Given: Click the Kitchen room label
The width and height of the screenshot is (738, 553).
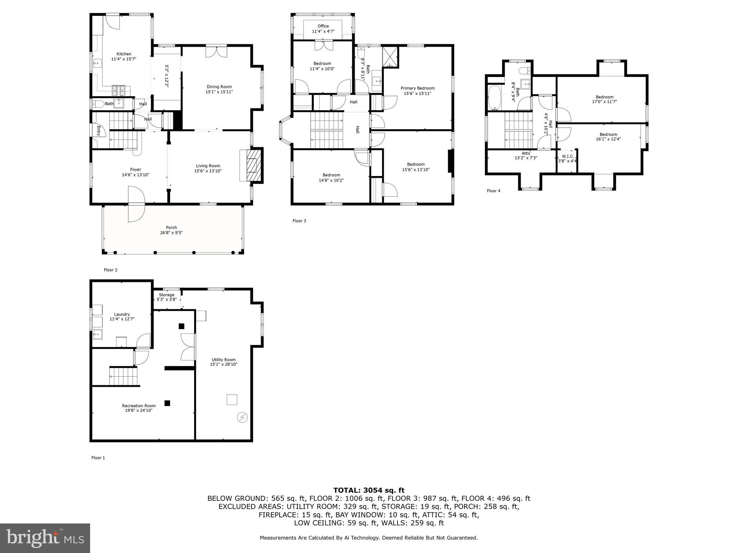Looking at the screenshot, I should tap(124, 54).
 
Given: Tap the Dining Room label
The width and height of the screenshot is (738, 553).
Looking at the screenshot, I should tap(219, 87).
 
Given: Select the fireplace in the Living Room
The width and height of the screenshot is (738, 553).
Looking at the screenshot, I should tap(252, 166).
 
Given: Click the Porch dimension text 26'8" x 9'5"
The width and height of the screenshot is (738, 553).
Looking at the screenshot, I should tap(172, 233).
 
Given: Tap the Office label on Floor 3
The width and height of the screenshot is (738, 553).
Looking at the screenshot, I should tap(323, 26).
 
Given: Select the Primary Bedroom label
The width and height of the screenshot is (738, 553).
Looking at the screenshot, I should tap(418, 88).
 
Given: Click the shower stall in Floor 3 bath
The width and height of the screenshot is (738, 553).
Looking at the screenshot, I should tap(390, 57).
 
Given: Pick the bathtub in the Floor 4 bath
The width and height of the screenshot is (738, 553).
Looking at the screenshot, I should tap(493, 98).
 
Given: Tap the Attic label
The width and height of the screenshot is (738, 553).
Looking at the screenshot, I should tap(526, 153).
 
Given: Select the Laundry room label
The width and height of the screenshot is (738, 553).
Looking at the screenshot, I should tap(122, 314).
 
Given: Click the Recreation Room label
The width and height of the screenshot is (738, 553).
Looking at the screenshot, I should tap(139, 406).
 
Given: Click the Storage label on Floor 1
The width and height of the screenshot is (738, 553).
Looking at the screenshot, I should tap(166, 295).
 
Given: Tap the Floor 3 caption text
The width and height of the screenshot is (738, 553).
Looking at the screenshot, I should tap(299, 221).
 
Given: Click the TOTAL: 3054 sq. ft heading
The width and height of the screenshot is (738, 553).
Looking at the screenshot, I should tap(369, 490).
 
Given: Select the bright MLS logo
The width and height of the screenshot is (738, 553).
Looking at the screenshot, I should tap(45, 538).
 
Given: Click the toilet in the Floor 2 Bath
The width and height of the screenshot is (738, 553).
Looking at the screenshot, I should tap(97, 104).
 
